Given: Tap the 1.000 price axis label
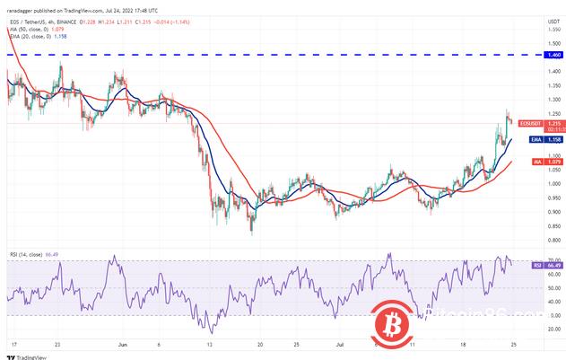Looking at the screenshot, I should [x=544, y=183].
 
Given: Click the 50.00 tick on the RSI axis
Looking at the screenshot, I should [x=544, y=287].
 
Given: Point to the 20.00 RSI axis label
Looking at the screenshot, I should [x=544, y=329].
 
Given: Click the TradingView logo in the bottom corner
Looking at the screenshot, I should [x=26, y=355].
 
